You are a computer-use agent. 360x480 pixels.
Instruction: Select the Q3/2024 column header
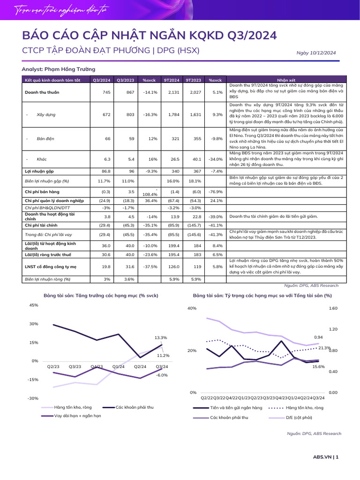pyautogui.click(x=102, y=80)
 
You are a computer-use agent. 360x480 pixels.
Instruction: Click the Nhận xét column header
pyautogui.click(x=286, y=80)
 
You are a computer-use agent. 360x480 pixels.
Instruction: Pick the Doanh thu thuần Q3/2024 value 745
pyautogui.click(x=106, y=92)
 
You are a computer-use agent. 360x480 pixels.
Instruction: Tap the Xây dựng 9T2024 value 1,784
pyautogui.click(x=173, y=114)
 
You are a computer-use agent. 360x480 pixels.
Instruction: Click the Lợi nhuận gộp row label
pyautogui.click(x=39, y=172)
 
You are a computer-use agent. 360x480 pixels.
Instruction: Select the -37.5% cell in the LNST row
pyautogui.click(x=150, y=267)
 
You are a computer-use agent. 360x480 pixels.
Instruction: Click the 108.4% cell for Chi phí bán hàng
pyautogui.click(x=150, y=195)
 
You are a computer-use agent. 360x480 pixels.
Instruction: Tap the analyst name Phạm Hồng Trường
pyautogui.click(x=70, y=69)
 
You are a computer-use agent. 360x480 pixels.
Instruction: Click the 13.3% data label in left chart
pyautogui.click(x=161, y=337)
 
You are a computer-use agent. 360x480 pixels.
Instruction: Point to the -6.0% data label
pyautogui.click(x=162, y=375)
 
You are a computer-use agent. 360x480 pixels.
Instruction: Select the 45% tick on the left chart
pyautogui.click(x=34, y=305)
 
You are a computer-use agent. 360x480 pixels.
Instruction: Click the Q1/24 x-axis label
pyautogui.click(x=118, y=367)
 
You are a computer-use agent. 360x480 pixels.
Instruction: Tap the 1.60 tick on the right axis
pyautogui.click(x=333, y=308)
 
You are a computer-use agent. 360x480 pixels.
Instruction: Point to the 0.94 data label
pyautogui.click(x=318, y=337)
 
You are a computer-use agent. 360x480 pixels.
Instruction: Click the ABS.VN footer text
pyautogui.click(x=322, y=457)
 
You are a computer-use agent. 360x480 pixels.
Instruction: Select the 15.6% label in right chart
pyautogui.click(x=318, y=367)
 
